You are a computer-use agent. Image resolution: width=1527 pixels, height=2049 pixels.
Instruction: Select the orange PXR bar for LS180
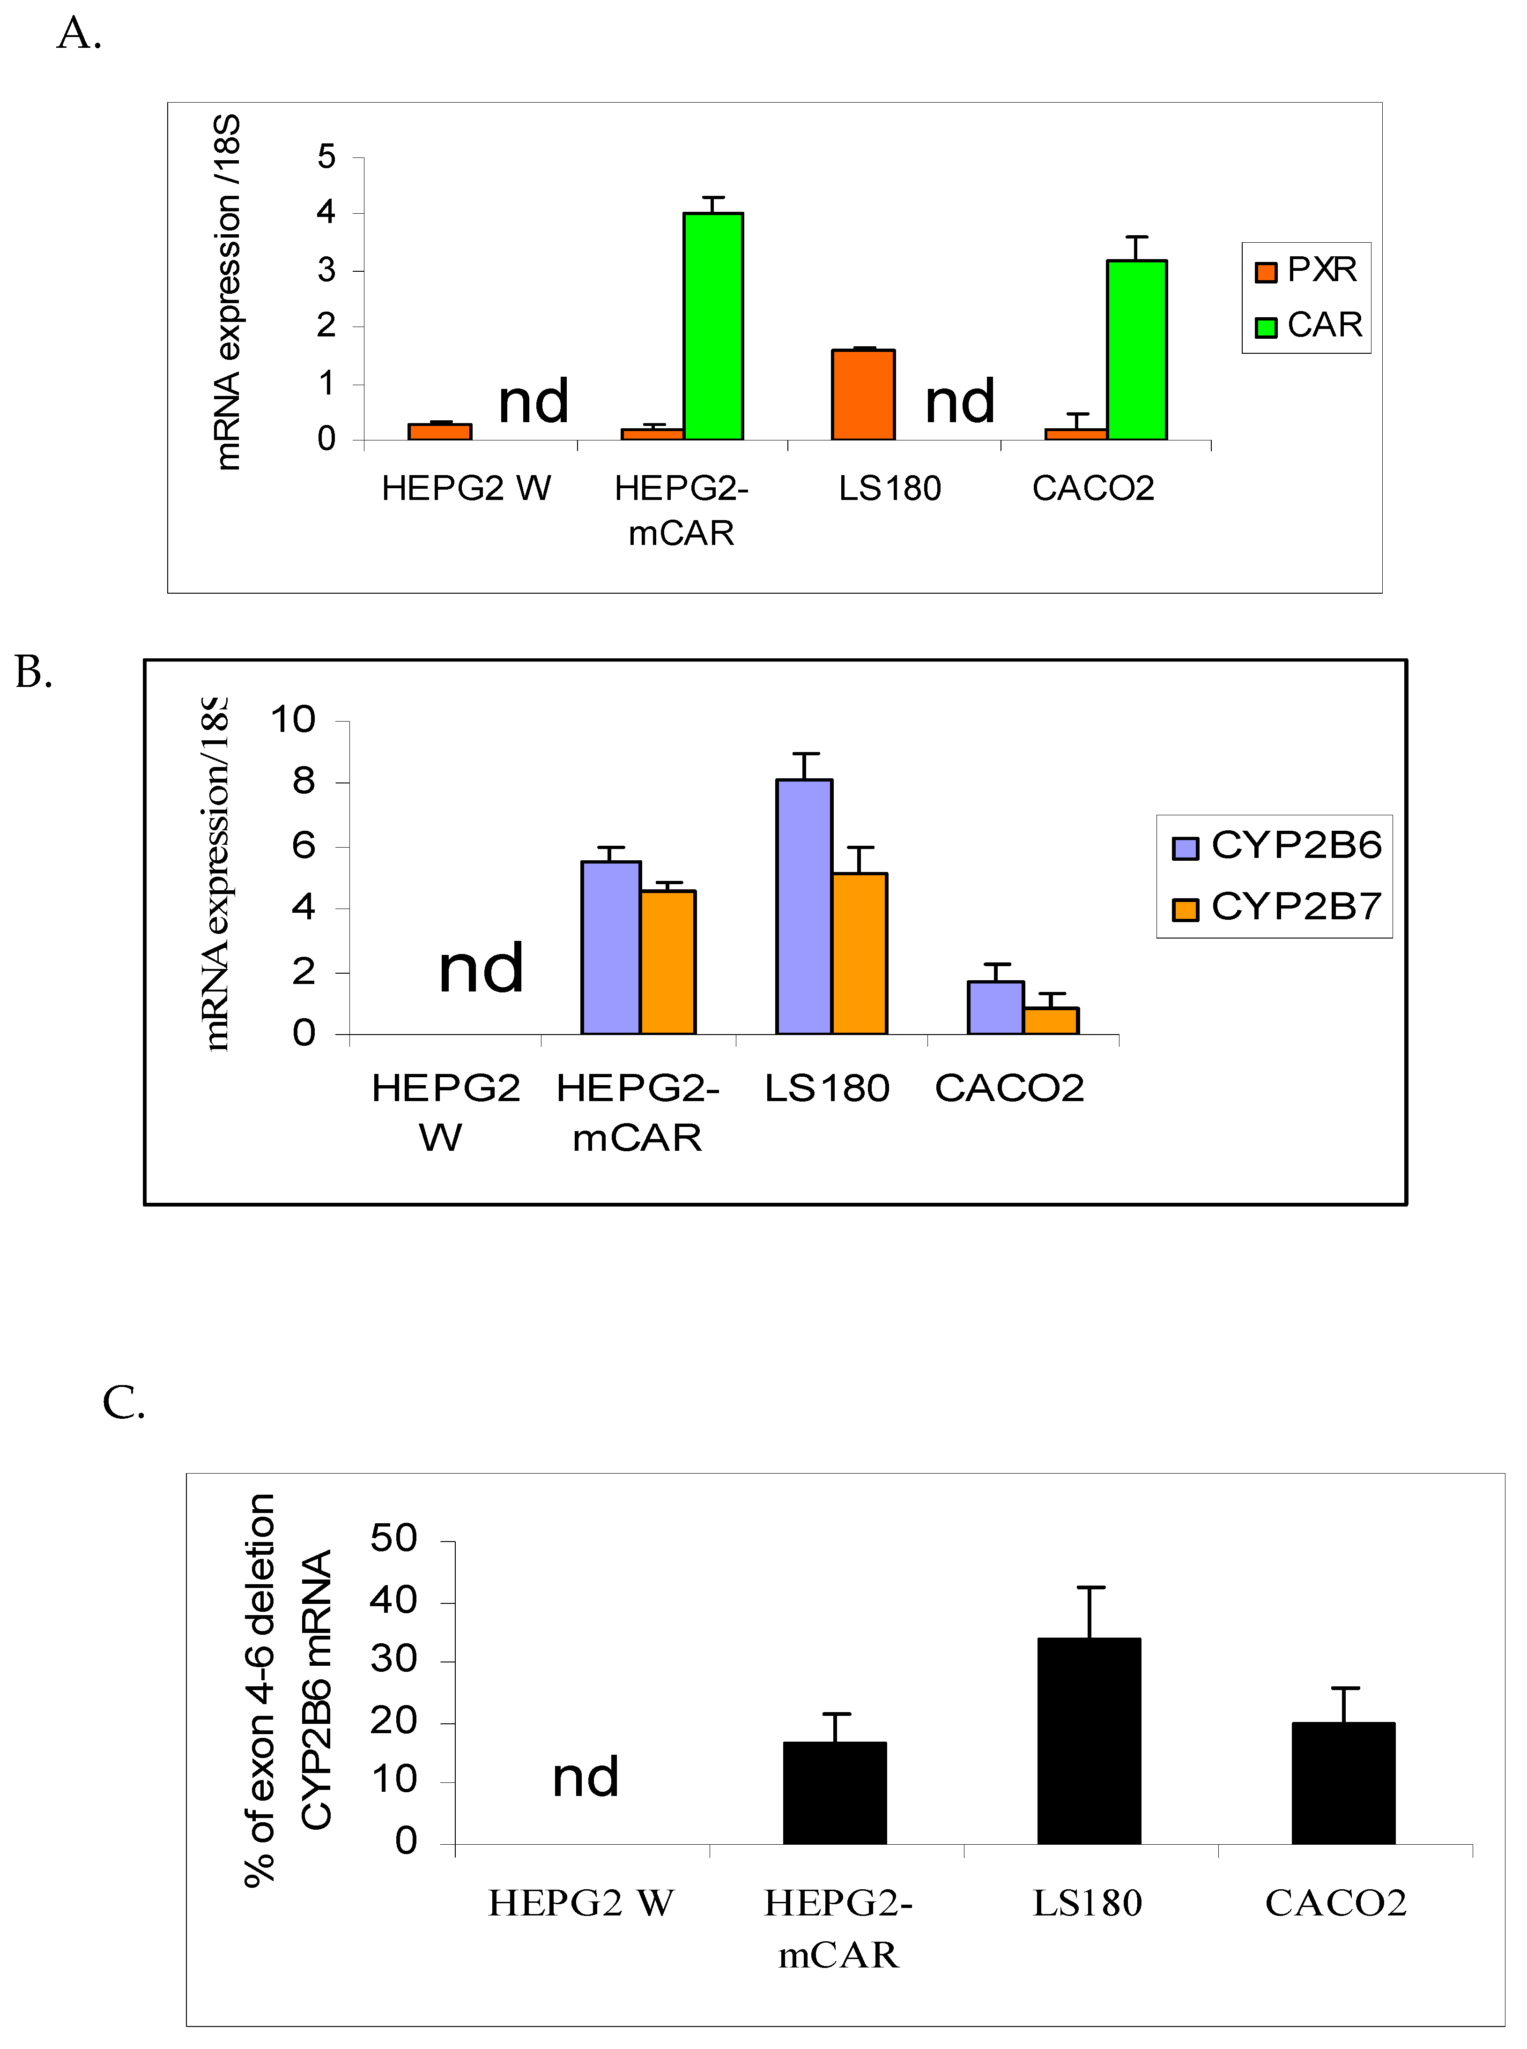coord(862,395)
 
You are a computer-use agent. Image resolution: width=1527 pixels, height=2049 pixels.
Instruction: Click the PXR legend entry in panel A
coord(1305,270)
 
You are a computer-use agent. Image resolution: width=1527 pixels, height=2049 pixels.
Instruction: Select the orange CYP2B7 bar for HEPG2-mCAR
coord(667,961)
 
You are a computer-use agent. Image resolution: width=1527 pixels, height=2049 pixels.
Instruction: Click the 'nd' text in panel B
coord(481,969)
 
